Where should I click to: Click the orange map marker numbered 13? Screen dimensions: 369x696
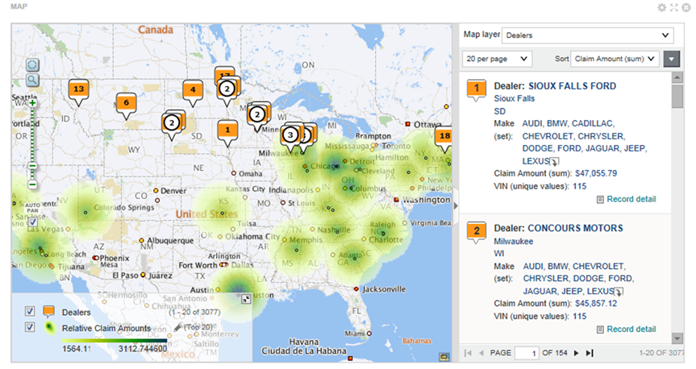pyautogui.click(x=77, y=89)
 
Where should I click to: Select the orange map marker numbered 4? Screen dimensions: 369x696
pyautogui.click(x=192, y=90)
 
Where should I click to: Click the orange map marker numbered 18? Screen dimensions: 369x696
pyautogui.click(x=443, y=136)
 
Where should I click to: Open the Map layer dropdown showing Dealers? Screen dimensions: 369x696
pyautogui.click(x=587, y=35)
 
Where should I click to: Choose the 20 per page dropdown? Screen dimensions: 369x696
pyautogui.click(x=497, y=59)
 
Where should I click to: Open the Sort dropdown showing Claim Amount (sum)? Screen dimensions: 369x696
pyautogui.click(x=615, y=59)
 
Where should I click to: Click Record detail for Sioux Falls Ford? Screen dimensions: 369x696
pyautogui.click(x=631, y=199)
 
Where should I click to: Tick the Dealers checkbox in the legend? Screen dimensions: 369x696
pyautogui.click(x=30, y=311)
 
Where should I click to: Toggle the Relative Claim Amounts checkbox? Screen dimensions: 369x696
pyautogui.click(x=30, y=327)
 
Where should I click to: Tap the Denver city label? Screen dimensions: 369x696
pyautogui.click(x=173, y=191)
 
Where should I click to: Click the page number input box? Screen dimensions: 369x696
pyautogui.click(x=527, y=353)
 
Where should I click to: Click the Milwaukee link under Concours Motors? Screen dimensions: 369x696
pyautogui.click(x=514, y=241)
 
